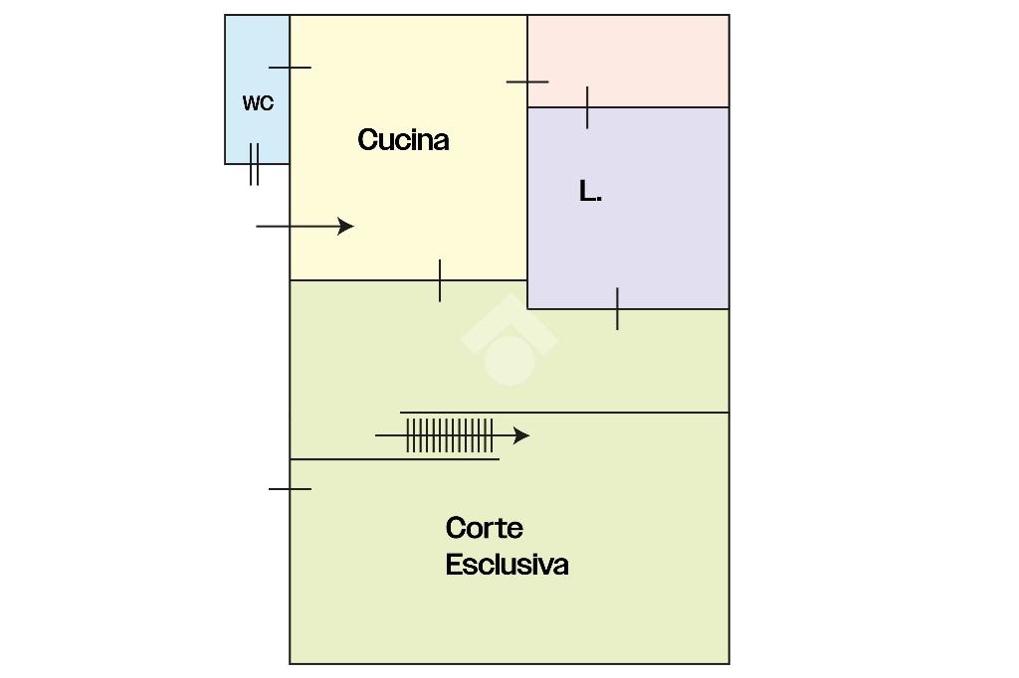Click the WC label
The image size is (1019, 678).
(x=258, y=103)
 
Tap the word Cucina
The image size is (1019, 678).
(x=403, y=139)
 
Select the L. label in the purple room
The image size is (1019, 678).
(x=590, y=192)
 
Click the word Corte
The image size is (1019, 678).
(x=485, y=528)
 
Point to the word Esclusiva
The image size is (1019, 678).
(x=507, y=565)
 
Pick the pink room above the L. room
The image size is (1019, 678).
(x=628, y=61)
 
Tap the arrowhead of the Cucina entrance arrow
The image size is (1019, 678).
(x=345, y=226)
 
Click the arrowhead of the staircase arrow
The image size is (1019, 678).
(x=521, y=435)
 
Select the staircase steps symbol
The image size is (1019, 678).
(x=450, y=435)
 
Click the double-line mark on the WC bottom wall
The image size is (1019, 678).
(x=254, y=164)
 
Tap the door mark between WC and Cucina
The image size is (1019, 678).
(x=290, y=67)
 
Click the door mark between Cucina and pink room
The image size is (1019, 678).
(x=527, y=82)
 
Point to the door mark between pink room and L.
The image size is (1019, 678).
(x=587, y=107)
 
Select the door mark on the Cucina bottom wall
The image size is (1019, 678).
(x=440, y=280)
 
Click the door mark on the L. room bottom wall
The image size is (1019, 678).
(x=617, y=309)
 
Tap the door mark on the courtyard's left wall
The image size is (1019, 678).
(x=290, y=488)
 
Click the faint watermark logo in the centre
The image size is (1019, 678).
(x=509, y=340)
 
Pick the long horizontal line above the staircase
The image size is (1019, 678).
(x=564, y=413)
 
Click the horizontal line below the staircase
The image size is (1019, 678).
(x=394, y=459)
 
